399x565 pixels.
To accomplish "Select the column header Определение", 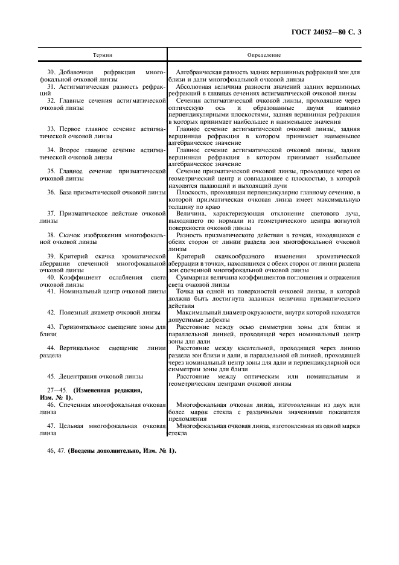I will tap(264, 55).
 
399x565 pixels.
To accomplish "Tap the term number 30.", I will tap(51, 72).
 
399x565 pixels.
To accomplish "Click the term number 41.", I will tap(51, 292).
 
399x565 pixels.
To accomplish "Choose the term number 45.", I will tap(51, 376).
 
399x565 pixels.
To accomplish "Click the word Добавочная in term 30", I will tap(77, 72).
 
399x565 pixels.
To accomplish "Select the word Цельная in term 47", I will tap(74, 426).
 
